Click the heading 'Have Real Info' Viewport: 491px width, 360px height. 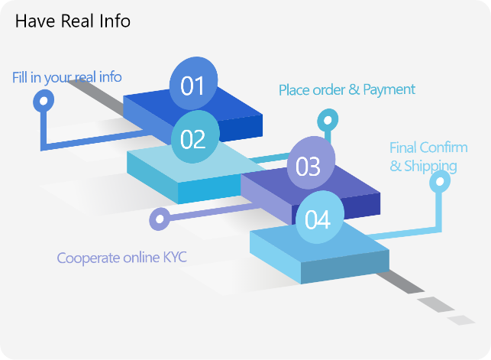pos(73,21)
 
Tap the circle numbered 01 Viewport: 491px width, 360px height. pos(192,85)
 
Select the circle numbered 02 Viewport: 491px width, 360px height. pos(193,138)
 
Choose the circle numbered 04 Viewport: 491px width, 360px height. pos(318,219)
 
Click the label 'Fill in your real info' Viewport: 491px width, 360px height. pos(67,77)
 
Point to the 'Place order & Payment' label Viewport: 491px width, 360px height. pos(347,90)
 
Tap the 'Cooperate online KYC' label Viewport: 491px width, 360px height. pos(122,258)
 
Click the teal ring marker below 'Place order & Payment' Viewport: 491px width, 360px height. pos(327,120)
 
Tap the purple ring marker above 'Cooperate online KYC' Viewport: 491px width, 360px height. pos(160,219)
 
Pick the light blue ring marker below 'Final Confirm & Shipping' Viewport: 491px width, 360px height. pos(439,182)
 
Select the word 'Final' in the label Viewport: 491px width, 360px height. pos(402,148)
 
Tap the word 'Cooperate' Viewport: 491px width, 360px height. pos(88,258)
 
